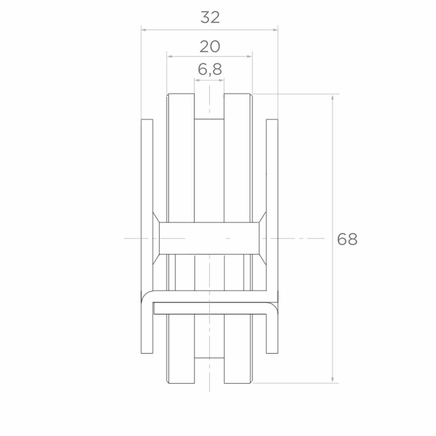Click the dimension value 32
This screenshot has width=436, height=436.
click(x=210, y=17)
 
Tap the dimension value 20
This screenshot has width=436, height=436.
click(x=210, y=47)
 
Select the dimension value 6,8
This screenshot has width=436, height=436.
click(x=210, y=69)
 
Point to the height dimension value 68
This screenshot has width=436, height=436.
click(x=347, y=239)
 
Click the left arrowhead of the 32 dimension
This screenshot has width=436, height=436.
click(x=144, y=30)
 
